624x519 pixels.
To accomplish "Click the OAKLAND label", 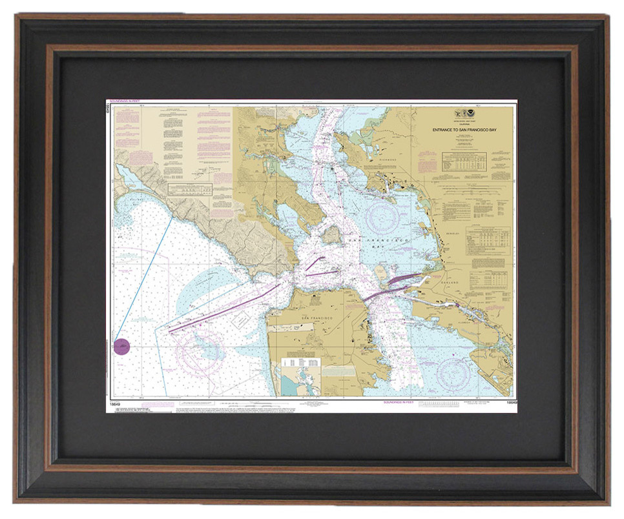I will pos(450,283).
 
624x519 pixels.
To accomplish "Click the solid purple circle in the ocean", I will pos(122,346).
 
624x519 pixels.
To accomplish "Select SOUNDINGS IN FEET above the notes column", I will pos(125,102).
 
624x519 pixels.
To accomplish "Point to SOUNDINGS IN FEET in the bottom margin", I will pos(399,402).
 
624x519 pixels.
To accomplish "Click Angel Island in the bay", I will pos(331,234).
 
